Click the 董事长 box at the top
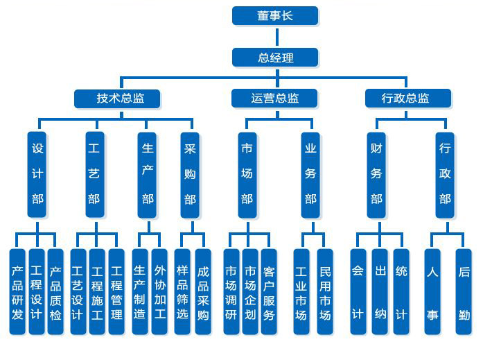(274, 15)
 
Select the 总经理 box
(274, 57)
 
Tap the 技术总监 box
(118, 98)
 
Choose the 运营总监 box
(274, 98)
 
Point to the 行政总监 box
(407, 98)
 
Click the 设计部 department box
(37, 173)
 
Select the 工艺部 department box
(94, 173)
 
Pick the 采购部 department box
(189, 173)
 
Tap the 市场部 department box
(246, 173)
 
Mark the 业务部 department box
(310, 173)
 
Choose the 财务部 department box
(376, 173)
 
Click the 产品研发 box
(18, 292)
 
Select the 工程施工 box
(98, 292)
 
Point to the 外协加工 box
(159, 292)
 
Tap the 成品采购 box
(202, 292)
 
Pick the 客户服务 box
(269, 292)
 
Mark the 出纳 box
(379, 292)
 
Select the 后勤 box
(464, 292)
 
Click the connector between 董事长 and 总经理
(274, 36)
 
